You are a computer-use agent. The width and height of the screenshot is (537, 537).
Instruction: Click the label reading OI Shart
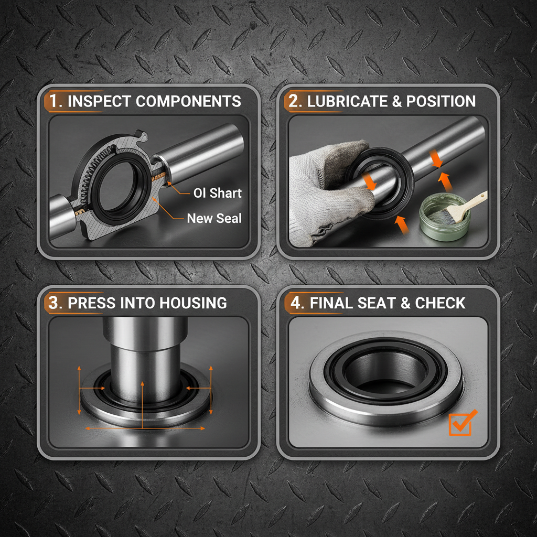217,193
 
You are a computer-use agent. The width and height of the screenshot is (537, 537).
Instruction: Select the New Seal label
214,218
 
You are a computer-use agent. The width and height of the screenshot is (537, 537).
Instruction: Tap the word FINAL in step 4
332,303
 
